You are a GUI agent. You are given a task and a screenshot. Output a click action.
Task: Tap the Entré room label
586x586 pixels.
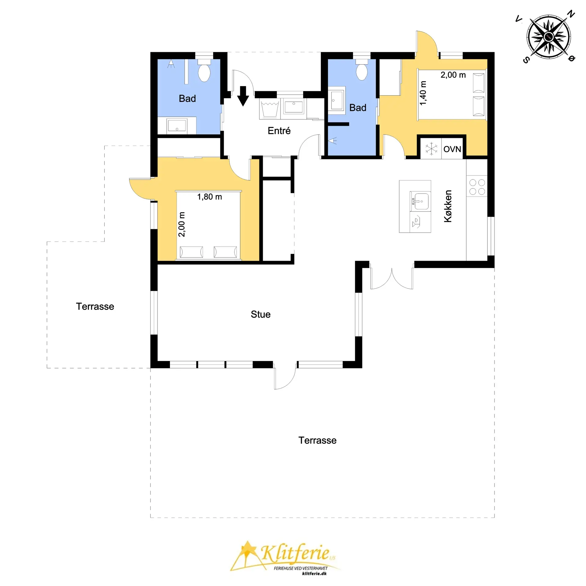click(x=279, y=131)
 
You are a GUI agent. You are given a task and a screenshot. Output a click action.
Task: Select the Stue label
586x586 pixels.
click(x=261, y=314)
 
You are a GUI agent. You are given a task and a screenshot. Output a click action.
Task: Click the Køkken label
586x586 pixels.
click(x=448, y=206)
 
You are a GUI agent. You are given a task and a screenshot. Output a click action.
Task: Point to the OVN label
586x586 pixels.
click(x=452, y=149)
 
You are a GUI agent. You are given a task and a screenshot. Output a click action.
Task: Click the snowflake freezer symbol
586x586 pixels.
click(x=431, y=149)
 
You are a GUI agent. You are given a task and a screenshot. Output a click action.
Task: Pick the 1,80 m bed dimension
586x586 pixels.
click(x=209, y=197)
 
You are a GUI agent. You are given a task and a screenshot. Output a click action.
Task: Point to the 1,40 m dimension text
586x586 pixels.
click(x=423, y=93)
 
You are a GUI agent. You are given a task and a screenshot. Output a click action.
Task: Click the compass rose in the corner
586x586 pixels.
click(x=549, y=37)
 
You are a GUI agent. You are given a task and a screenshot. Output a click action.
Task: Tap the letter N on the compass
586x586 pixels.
click(x=571, y=14)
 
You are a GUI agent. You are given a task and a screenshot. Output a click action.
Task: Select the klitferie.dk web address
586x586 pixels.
click(x=314, y=573)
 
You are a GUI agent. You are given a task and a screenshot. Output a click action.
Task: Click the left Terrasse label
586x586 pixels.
click(x=95, y=306)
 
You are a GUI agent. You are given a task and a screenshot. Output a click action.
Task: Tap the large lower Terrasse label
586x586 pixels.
click(x=317, y=440)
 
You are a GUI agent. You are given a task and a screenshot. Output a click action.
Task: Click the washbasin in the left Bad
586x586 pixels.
click(x=177, y=125)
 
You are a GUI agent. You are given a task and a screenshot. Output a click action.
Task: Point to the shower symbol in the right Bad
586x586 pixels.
click(x=332, y=141)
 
